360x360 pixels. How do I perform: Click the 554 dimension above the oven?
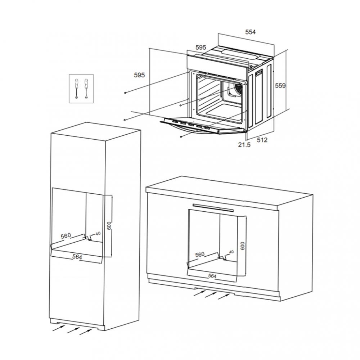click(x=250, y=32)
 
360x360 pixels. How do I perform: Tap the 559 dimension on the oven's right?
click(x=280, y=86)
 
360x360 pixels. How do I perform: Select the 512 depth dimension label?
click(x=262, y=140)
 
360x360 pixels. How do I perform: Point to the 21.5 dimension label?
click(x=244, y=145)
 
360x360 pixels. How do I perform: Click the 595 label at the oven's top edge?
click(x=201, y=48)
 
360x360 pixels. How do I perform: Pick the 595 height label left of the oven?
click(x=140, y=75)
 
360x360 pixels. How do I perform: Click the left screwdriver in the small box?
click(x=76, y=89)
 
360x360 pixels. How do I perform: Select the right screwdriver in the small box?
click(x=86, y=89)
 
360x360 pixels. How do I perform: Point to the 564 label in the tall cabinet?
click(x=77, y=257)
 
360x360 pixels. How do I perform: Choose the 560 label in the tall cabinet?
click(x=66, y=236)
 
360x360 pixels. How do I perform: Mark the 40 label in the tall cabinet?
click(x=98, y=234)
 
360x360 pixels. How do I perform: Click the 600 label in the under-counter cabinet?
click(x=243, y=246)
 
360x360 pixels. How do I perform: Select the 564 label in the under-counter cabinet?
click(x=212, y=276)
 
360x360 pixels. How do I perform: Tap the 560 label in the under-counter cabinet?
click(x=200, y=255)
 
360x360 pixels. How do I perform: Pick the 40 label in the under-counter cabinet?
click(x=231, y=252)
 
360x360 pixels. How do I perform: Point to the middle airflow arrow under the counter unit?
click(x=211, y=295)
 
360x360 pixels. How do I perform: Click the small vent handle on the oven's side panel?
click(x=259, y=73)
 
